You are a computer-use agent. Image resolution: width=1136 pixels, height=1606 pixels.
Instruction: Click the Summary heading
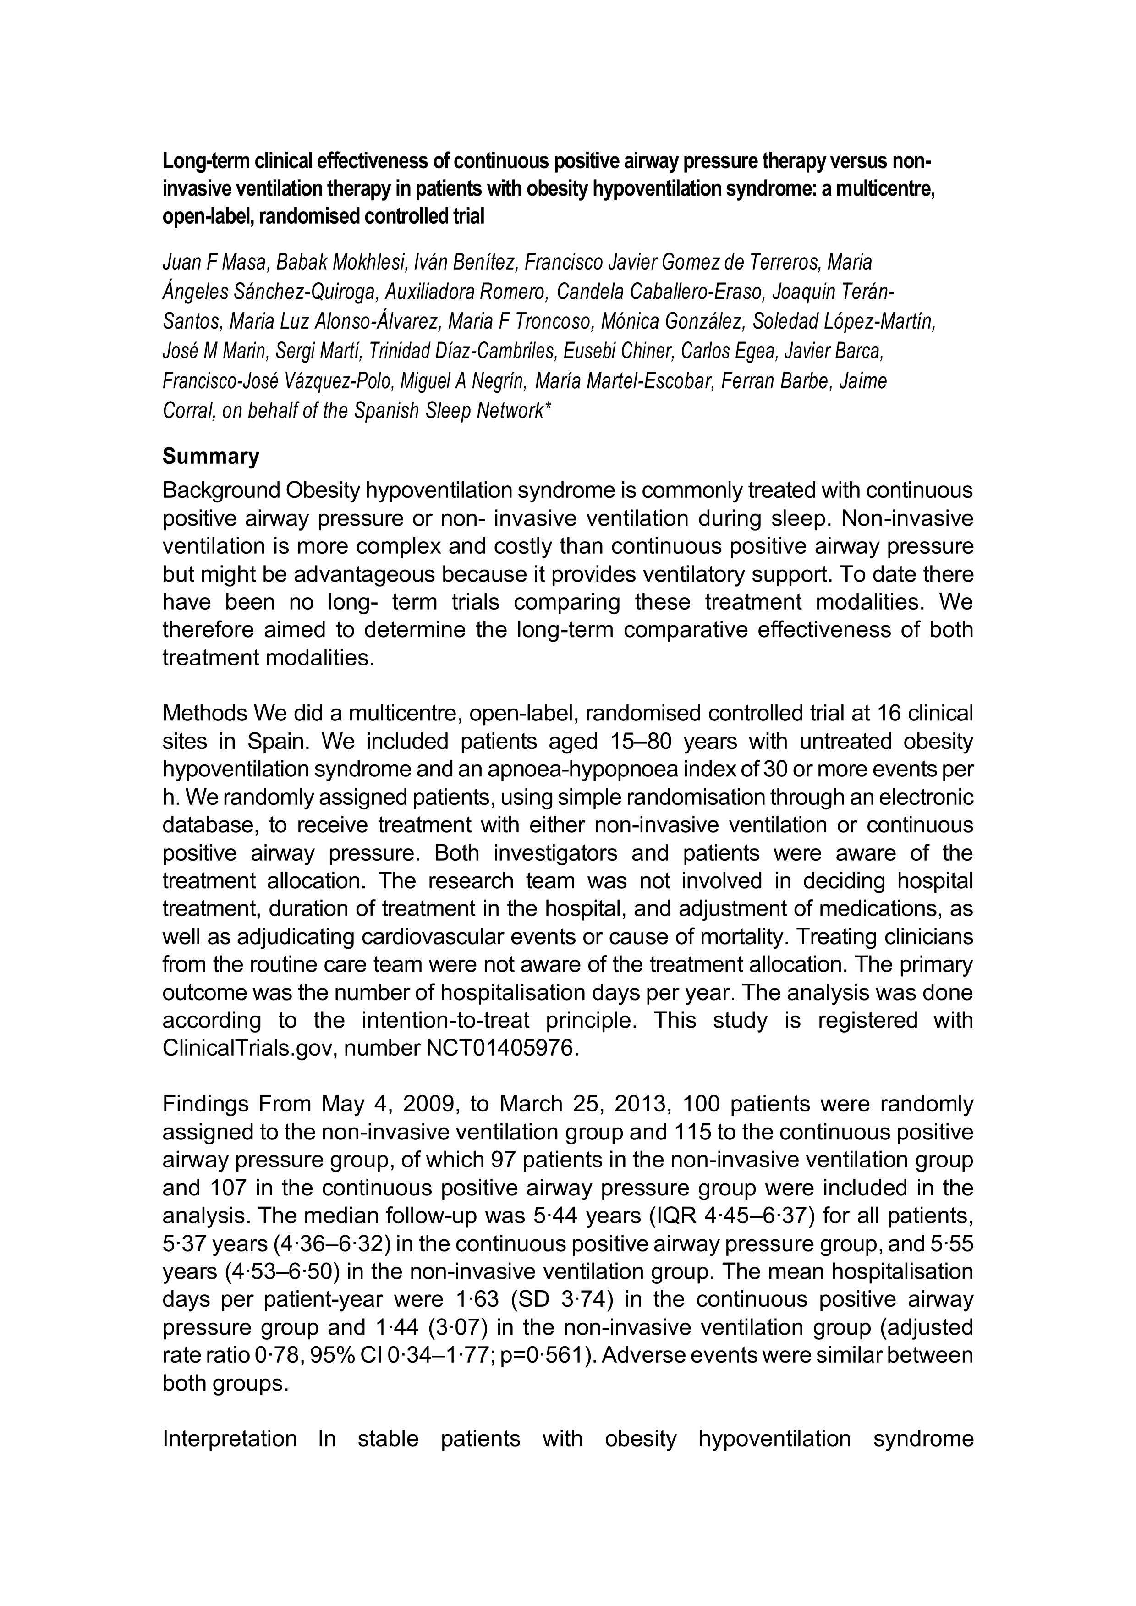point(210,457)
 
